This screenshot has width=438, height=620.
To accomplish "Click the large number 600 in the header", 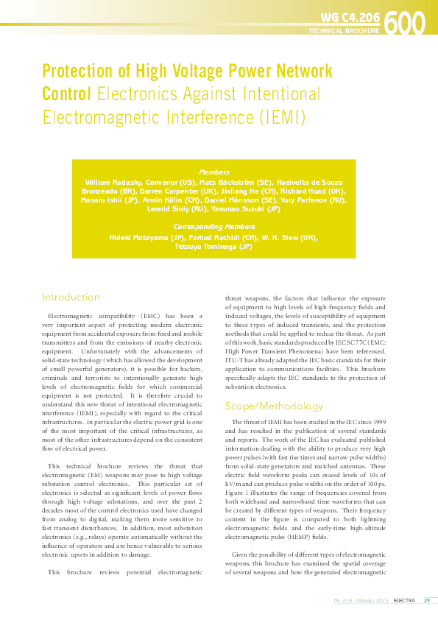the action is click(404, 23).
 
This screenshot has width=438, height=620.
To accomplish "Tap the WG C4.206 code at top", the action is click(351, 16).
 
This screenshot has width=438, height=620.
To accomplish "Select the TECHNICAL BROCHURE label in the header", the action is click(343, 31).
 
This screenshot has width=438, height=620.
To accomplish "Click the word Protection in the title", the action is click(76, 72).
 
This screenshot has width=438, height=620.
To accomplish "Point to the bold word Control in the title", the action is click(66, 94).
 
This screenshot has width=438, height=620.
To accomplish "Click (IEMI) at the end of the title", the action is click(280, 117).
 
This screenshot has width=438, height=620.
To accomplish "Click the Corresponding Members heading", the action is click(214, 226).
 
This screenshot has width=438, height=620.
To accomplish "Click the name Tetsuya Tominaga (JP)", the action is click(214, 247).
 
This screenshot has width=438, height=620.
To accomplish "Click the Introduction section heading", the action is click(71, 297).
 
